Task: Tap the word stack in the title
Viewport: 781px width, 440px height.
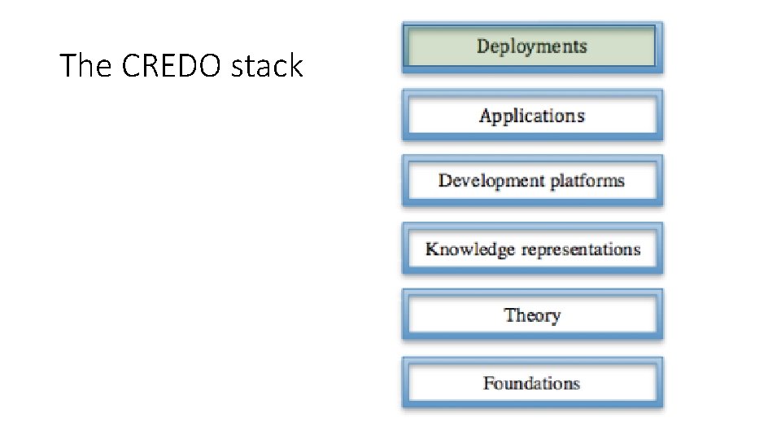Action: click(x=267, y=66)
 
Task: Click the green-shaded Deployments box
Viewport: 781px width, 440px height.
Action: click(x=532, y=46)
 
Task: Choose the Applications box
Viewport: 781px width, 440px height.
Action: click(x=532, y=116)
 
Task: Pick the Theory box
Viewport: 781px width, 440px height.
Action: click(x=532, y=315)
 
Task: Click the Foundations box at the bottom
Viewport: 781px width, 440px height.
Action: click(x=532, y=383)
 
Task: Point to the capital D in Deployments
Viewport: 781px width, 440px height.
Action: click(x=482, y=46)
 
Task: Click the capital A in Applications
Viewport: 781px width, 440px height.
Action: click(x=486, y=115)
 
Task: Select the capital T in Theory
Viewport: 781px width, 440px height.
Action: click(x=509, y=315)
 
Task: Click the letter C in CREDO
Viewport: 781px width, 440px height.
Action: click(x=130, y=66)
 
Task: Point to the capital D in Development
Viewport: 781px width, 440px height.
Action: click(x=444, y=180)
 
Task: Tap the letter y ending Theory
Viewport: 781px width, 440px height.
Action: click(x=556, y=317)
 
